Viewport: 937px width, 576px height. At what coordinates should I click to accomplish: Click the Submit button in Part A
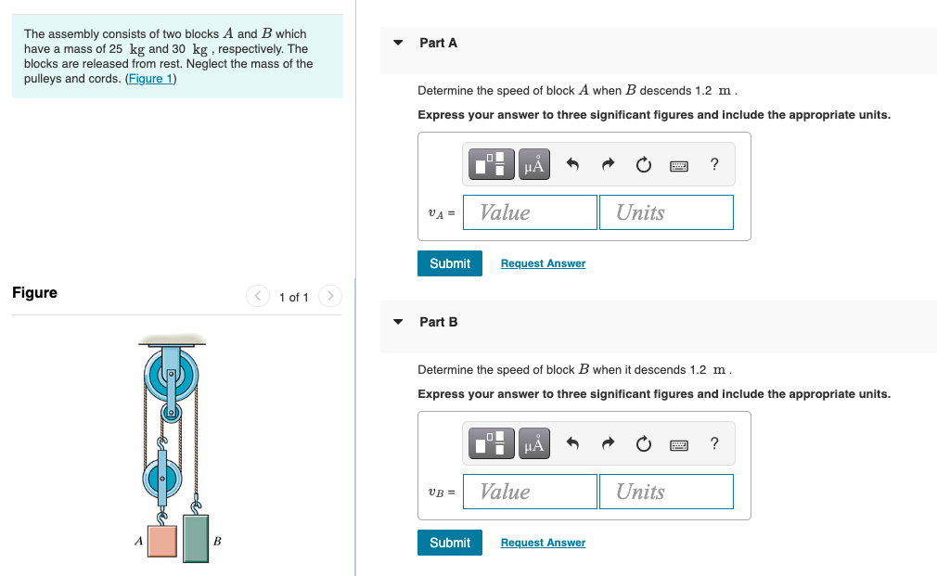[x=450, y=263]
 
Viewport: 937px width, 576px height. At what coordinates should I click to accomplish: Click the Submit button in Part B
[x=450, y=543]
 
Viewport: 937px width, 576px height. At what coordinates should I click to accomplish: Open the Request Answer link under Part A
[x=543, y=263]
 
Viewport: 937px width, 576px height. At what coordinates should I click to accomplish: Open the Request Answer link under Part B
[x=543, y=543]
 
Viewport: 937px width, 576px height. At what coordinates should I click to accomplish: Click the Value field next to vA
[x=530, y=212]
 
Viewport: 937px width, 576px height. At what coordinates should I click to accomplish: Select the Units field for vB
[x=666, y=492]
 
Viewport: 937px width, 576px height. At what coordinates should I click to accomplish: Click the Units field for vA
[x=666, y=212]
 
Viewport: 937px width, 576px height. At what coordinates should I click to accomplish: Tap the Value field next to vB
[x=530, y=492]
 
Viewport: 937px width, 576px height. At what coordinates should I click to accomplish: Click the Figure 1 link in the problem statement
[x=150, y=79]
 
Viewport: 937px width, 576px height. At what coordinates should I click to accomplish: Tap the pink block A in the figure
[x=162, y=541]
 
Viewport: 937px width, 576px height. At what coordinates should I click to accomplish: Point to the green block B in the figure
[x=196, y=539]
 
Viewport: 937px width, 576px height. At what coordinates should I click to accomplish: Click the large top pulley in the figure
[x=171, y=375]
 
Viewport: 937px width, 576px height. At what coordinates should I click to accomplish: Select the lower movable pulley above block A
[x=162, y=479]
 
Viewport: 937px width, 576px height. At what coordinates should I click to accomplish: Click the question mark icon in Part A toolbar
[x=713, y=165]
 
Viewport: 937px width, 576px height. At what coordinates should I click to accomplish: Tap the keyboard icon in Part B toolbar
[x=679, y=445]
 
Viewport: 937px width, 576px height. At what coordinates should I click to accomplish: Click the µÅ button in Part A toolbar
[x=534, y=165]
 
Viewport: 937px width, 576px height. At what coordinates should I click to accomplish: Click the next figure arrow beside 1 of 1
[x=330, y=297]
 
